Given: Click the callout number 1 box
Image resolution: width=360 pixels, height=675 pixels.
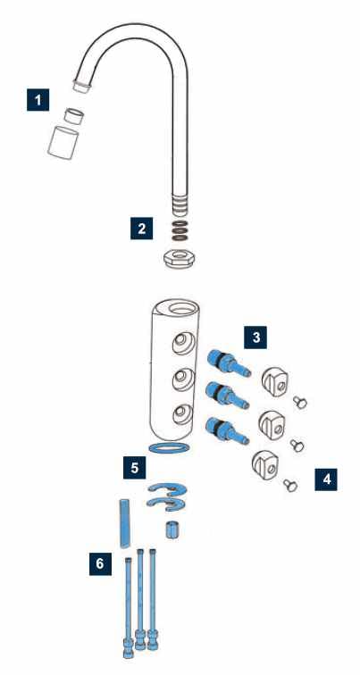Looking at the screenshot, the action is (x=38, y=100).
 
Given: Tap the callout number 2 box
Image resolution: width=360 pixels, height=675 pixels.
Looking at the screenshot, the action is (x=142, y=229).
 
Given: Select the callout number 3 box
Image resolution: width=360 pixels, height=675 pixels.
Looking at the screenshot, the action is (x=255, y=337).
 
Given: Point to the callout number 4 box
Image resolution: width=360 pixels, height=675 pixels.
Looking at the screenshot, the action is (x=326, y=479).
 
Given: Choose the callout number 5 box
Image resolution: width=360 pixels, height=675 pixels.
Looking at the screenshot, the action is (x=135, y=468).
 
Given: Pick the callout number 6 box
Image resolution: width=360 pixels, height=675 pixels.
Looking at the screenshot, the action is (x=100, y=564).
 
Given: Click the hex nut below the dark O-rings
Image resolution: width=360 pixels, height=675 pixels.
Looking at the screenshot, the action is (x=179, y=259).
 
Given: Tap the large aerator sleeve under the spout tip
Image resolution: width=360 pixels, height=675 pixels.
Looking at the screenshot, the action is (x=63, y=143).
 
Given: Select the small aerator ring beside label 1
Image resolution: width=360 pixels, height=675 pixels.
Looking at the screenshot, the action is (x=74, y=116).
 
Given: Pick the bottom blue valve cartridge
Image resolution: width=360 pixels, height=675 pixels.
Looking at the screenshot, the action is (x=228, y=430).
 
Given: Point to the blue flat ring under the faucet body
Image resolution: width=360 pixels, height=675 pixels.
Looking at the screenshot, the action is (x=169, y=447).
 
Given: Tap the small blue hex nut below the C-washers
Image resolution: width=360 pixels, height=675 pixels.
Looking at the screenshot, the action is (x=172, y=530).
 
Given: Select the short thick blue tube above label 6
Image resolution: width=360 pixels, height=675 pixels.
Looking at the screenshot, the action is (x=124, y=523).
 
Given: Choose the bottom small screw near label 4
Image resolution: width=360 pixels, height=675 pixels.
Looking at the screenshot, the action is (x=290, y=485).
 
